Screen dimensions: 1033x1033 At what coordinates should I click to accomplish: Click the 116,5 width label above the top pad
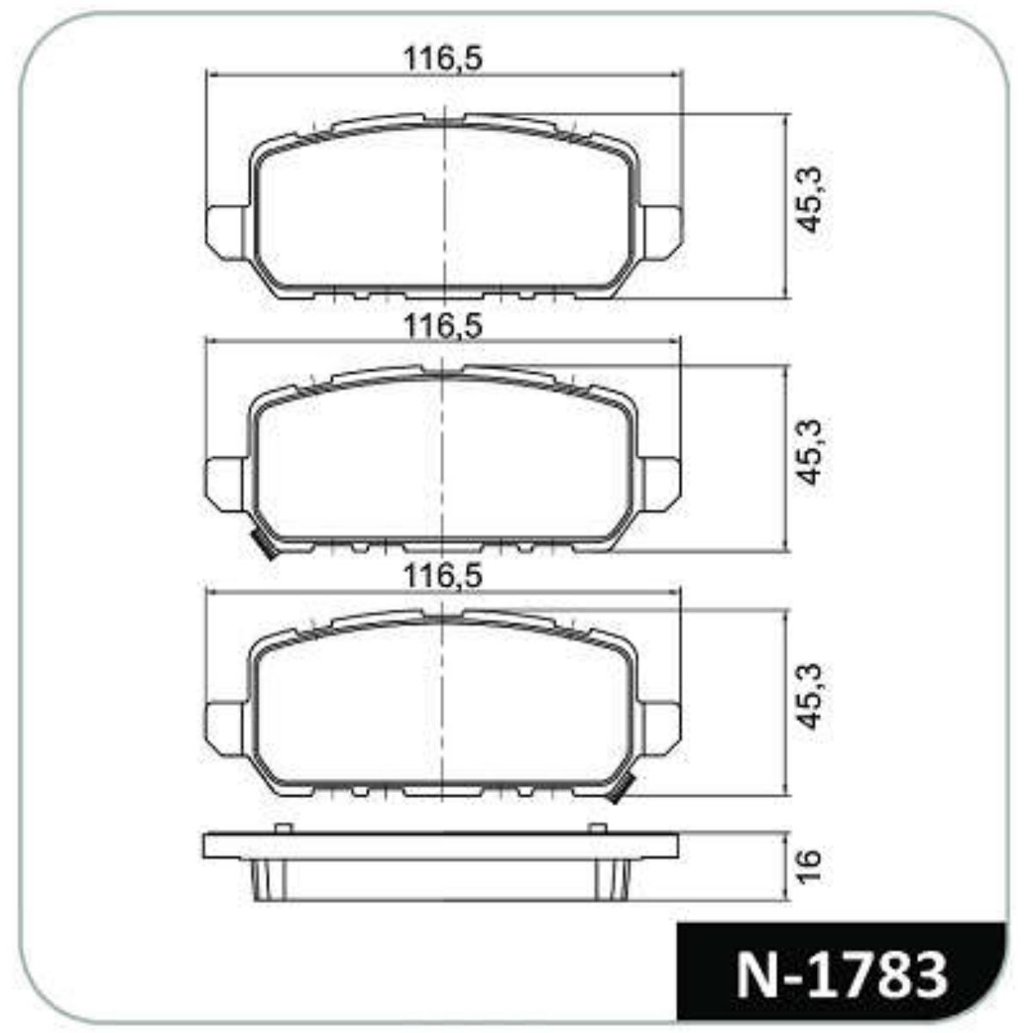click(442, 58)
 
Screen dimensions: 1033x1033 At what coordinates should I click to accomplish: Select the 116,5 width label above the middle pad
click(442, 325)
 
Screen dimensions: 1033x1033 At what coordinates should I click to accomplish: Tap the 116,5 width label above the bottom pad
click(442, 576)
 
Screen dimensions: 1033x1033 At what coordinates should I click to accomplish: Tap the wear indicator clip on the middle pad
click(264, 547)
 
